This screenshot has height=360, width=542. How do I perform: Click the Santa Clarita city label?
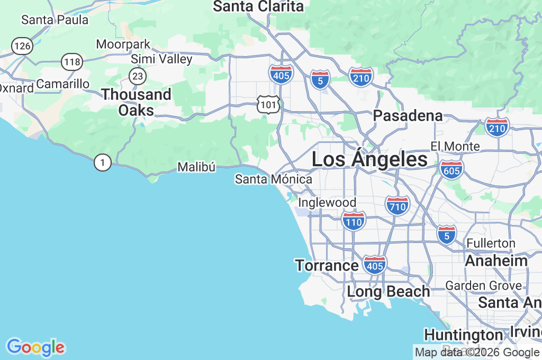[258, 6]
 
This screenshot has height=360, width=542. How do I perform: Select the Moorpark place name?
[123, 44]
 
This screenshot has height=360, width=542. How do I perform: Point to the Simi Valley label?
[161, 59]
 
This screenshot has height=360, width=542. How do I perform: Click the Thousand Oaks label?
[137, 102]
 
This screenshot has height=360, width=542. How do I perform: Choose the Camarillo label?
[63, 84]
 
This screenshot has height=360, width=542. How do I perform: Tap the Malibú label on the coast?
[196, 167]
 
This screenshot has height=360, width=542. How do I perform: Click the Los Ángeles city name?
[369, 159]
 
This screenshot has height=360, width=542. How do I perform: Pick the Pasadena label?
[408, 115]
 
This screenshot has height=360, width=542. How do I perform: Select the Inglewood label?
[327, 203]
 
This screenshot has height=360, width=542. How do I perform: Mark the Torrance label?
[327, 265]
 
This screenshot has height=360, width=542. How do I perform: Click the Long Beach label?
[389, 291]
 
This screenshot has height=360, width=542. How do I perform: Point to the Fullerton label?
[491, 243]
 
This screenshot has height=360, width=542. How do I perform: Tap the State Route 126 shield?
[23, 46]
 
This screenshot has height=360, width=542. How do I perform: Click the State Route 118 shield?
[71, 62]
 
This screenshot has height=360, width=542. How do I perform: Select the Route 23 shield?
[138, 76]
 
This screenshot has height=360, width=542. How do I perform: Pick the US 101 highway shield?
[268, 104]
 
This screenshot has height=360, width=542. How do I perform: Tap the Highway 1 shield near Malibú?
[102, 163]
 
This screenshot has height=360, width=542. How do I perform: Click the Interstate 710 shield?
[397, 205]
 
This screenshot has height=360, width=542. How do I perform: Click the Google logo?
[35, 347]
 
